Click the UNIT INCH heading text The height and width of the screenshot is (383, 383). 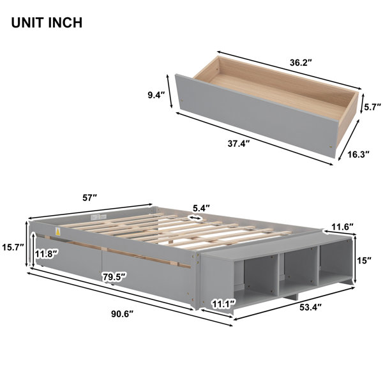point(46,24)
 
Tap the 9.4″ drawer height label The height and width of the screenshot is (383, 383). point(155,95)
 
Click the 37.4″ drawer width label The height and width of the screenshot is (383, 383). point(237,144)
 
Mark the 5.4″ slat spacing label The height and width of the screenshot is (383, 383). point(202,207)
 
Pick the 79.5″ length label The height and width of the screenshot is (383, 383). point(114,277)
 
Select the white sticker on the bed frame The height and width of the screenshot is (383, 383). point(57,230)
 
